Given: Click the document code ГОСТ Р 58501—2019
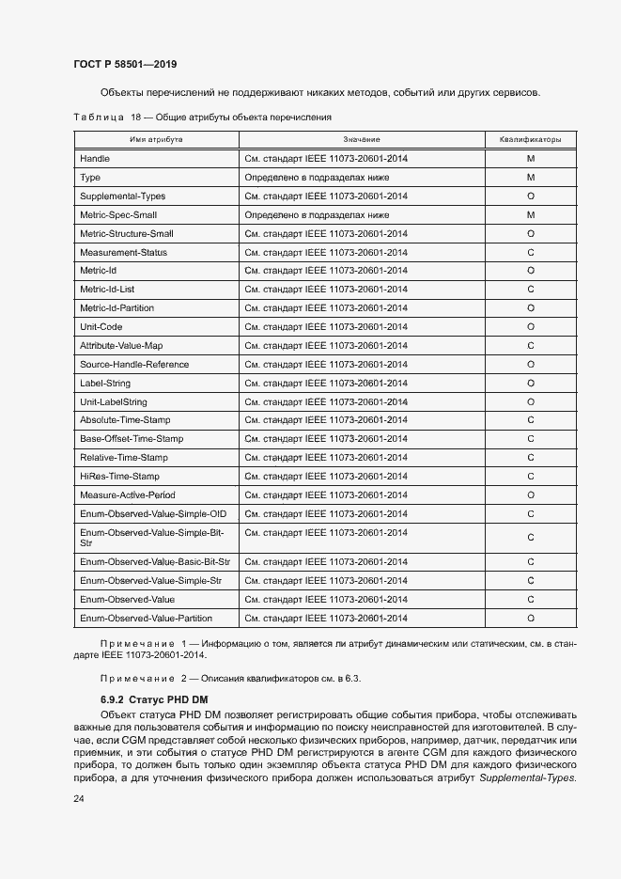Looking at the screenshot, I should pyautogui.click(x=125, y=64).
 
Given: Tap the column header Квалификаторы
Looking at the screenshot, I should pyautogui.click(x=530, y=139).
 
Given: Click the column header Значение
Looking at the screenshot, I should pyautogui.click(x=362, y=139).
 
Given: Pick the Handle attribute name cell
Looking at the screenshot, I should pyautogui.click(x=96, y=158).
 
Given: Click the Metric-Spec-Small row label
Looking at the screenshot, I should pyautogui.click(x=117, y=214).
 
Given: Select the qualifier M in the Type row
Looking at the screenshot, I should pyautogui.click(x=530, y=177).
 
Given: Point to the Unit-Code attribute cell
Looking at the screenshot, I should pyautogui.click(x=102, y=326).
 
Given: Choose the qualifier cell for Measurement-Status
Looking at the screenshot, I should pyautogui.click(x=530, y=252).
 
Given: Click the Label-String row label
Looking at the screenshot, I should pyautogui.click(x=105, y=383).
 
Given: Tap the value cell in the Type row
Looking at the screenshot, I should pyautogui.click(x=317, y=177).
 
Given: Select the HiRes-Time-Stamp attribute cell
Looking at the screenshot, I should pyautogui.click(x=119, y=477).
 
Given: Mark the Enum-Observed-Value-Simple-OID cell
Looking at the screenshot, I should pyautogui.click(x=152, y=514).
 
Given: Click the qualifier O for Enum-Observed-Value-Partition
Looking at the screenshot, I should pyautogui.click(x=530, y=618).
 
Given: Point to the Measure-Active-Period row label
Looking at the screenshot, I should pyautogui.click(x=128, y=495).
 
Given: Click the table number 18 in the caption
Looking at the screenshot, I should pyautogui.click(x=135, y=117).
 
